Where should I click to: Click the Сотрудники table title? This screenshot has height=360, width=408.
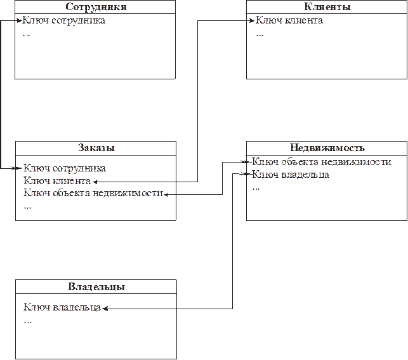96,6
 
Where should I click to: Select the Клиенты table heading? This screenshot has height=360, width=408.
327,6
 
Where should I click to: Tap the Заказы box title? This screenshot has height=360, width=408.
96,147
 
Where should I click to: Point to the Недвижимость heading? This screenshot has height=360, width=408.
327,147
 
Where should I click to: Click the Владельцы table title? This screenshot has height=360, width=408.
96,286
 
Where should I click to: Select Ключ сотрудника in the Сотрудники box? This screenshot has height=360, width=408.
63,20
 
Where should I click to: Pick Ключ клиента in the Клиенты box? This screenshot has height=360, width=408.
289,20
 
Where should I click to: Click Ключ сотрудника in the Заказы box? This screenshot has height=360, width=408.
65,168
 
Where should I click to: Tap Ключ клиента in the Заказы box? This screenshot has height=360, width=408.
57,181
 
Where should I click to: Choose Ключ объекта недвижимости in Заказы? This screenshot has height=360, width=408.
93,193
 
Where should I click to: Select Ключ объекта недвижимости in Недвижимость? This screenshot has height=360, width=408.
322,162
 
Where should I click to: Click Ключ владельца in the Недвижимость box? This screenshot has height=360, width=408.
291,174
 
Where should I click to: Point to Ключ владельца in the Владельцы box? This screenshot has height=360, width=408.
62,307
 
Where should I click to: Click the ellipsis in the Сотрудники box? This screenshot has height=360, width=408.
26,35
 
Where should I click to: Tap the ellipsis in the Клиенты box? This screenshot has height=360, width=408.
260,35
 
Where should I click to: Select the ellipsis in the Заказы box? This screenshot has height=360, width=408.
27,208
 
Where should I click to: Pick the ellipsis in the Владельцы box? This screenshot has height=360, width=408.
27,323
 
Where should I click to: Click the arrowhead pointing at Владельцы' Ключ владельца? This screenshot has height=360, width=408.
105,309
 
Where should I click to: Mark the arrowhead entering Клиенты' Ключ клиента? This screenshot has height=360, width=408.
252,20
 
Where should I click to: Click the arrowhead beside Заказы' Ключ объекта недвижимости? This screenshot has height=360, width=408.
166,194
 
